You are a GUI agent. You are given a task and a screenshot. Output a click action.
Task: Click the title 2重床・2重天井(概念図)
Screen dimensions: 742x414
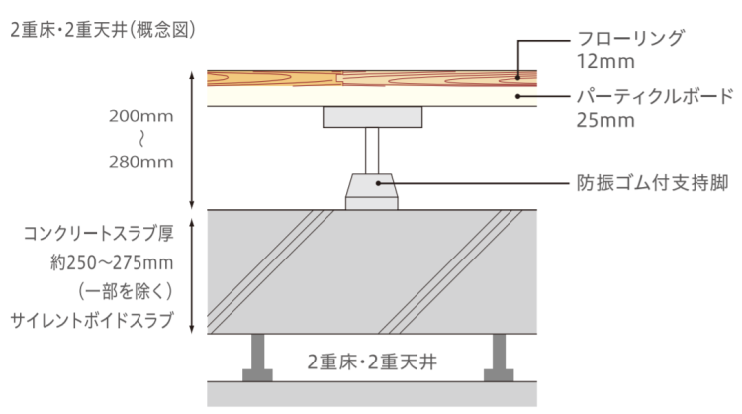tap(103, 31)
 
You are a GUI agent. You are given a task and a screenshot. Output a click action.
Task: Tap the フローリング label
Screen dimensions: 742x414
tap(631, 38)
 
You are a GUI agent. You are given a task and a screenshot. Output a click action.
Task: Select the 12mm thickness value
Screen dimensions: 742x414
tap(605, 62)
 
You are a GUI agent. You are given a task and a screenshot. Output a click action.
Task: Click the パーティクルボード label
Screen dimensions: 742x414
tap(655, 96)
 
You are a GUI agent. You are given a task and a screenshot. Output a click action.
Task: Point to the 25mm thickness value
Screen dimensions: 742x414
tap(605, 120)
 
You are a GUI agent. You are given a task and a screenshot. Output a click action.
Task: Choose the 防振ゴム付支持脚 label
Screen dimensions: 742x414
tap(652, 183)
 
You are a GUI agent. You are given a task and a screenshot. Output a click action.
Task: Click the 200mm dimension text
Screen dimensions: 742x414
tap(141, 116)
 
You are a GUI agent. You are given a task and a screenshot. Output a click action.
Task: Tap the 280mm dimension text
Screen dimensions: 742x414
tap(141, 162)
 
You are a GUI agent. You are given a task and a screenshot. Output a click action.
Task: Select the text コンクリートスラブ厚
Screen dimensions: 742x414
tap(98, 233)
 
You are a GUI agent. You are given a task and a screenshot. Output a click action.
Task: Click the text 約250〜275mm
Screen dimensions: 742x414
tap(112, 262)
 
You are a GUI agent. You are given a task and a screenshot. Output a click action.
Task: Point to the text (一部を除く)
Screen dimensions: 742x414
tap(126, 291)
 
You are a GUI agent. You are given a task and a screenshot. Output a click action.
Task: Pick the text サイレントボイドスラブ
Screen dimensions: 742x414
tap(92, 321)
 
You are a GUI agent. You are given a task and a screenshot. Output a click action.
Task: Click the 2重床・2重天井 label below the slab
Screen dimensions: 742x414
tap(372, 362)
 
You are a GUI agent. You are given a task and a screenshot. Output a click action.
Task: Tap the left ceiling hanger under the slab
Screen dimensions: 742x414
tap(257, 358)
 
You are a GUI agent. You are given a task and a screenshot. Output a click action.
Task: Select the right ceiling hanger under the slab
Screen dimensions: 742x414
tap(499, 358)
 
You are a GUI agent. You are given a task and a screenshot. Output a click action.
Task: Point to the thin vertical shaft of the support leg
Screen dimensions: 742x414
tap(372, 151)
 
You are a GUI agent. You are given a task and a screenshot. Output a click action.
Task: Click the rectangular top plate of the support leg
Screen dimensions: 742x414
tap(373, 117)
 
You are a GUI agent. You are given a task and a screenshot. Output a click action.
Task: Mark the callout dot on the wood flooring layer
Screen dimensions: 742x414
tap(518, 77)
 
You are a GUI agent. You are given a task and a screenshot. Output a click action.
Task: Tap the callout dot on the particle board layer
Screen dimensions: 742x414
tap(518, 96)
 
